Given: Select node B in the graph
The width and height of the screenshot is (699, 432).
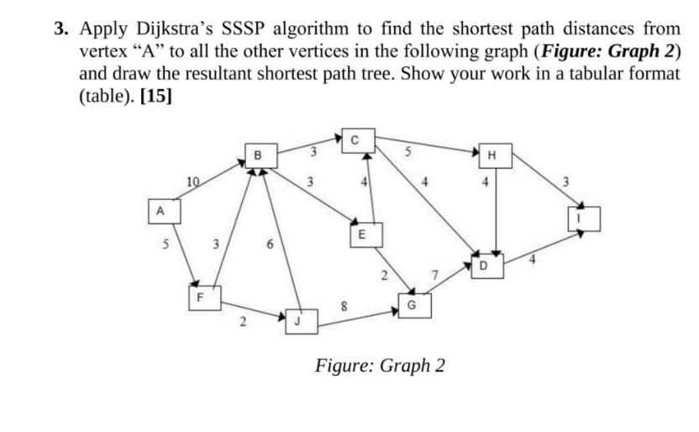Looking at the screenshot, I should (257, 155).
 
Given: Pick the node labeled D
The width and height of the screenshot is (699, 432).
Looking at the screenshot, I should (483, 266).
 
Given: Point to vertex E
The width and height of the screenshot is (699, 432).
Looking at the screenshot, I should (360, 235).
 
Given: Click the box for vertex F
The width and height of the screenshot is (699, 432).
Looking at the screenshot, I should (199, 297).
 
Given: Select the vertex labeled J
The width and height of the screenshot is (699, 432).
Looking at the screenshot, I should (298, 320).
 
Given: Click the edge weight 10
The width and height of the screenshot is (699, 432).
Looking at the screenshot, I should (193, 180).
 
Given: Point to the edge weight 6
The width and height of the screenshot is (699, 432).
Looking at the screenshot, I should (268, 245).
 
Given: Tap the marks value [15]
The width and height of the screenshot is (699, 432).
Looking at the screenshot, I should (157, 95).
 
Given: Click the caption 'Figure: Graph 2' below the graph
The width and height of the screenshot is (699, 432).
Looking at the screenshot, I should (380, 366).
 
